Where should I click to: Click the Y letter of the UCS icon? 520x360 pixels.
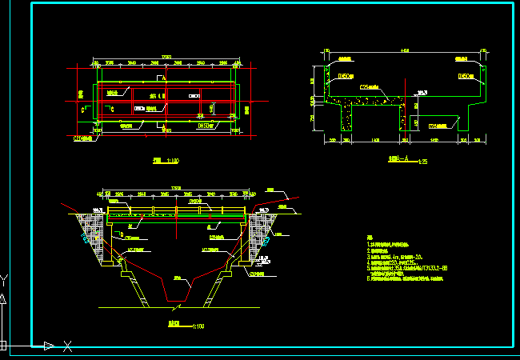[4, 280]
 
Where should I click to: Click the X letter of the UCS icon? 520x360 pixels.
[68, 346]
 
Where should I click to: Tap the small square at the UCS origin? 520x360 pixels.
[3, 346]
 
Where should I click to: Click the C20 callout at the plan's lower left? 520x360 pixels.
[83, 138]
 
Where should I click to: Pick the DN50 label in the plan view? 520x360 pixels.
[206, 126]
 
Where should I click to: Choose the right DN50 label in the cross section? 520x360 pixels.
[466, 76]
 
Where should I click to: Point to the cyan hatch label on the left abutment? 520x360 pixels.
[86, 239]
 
